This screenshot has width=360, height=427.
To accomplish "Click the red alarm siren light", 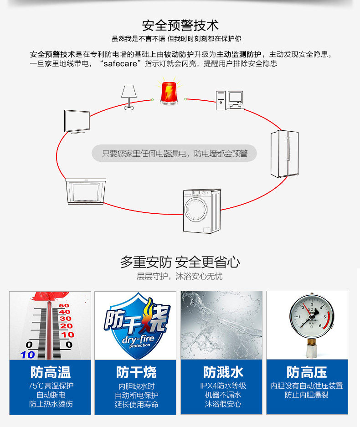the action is (x=168, y=93).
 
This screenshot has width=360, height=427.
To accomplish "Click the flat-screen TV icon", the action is (x=77, y=121).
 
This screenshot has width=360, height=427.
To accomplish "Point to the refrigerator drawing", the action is (x=284, y=154).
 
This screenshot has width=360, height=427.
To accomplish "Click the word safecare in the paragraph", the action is (x=120, y=64).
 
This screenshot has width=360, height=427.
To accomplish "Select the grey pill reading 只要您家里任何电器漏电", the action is (x=174, y=154).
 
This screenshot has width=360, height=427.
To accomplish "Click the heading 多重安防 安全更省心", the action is (x=180, y=262).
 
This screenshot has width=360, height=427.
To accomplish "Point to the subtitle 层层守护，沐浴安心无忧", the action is (x=180, y=277).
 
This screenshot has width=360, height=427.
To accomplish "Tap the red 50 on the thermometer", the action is (x=64, y=305).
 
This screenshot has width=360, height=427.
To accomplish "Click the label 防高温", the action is (x=51, y=372).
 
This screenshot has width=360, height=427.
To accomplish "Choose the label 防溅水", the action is (x=223, y=372).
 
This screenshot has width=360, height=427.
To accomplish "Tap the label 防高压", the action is (x=307, y=372).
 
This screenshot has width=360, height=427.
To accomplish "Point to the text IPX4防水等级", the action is (x=223, y=386).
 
